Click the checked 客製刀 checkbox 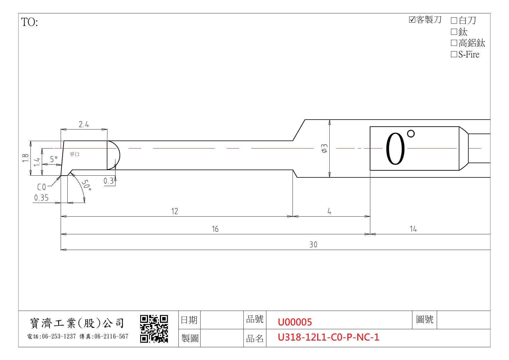pos(412,20)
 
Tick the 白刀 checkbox pos(454,20)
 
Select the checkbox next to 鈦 pos(454,32)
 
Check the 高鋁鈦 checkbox pos(454,43)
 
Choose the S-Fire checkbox pos(454,54)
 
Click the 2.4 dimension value pos(84,125)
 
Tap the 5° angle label pos(54,159)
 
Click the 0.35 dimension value pos(41,198)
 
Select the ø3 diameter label pos(325,148)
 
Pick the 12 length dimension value pos(174,211)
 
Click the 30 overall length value pos(313,244)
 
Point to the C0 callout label pos(41,187)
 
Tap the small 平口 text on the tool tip pos(74,154)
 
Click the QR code pos(154,329)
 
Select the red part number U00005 pos(295,322)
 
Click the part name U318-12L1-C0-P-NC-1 pos(328,337)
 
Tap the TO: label pos(30,22)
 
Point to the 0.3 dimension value pos(109,181)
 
